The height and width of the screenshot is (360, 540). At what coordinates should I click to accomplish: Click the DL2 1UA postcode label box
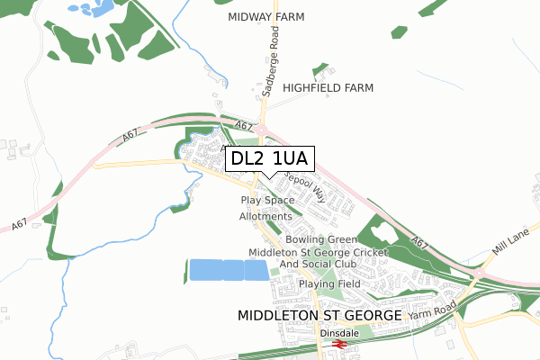click(269, 158)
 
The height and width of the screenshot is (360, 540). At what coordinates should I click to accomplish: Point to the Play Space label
click(267, 199)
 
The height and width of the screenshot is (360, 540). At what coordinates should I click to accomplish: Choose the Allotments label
click(265, 217)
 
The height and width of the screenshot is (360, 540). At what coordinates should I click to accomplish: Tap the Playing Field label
click(330, 283)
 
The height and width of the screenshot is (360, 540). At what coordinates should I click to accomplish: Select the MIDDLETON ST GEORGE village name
click(317, 316)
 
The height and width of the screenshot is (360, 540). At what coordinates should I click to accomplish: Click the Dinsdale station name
click(338, 332)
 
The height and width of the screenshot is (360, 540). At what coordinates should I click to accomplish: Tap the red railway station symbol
click(340, 344)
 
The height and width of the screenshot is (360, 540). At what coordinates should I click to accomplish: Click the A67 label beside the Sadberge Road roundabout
click(243, 127)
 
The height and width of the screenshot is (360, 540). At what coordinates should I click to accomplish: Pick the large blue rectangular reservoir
click(229, 271)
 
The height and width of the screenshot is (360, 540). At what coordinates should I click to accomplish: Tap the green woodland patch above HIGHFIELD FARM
click(319, 69)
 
